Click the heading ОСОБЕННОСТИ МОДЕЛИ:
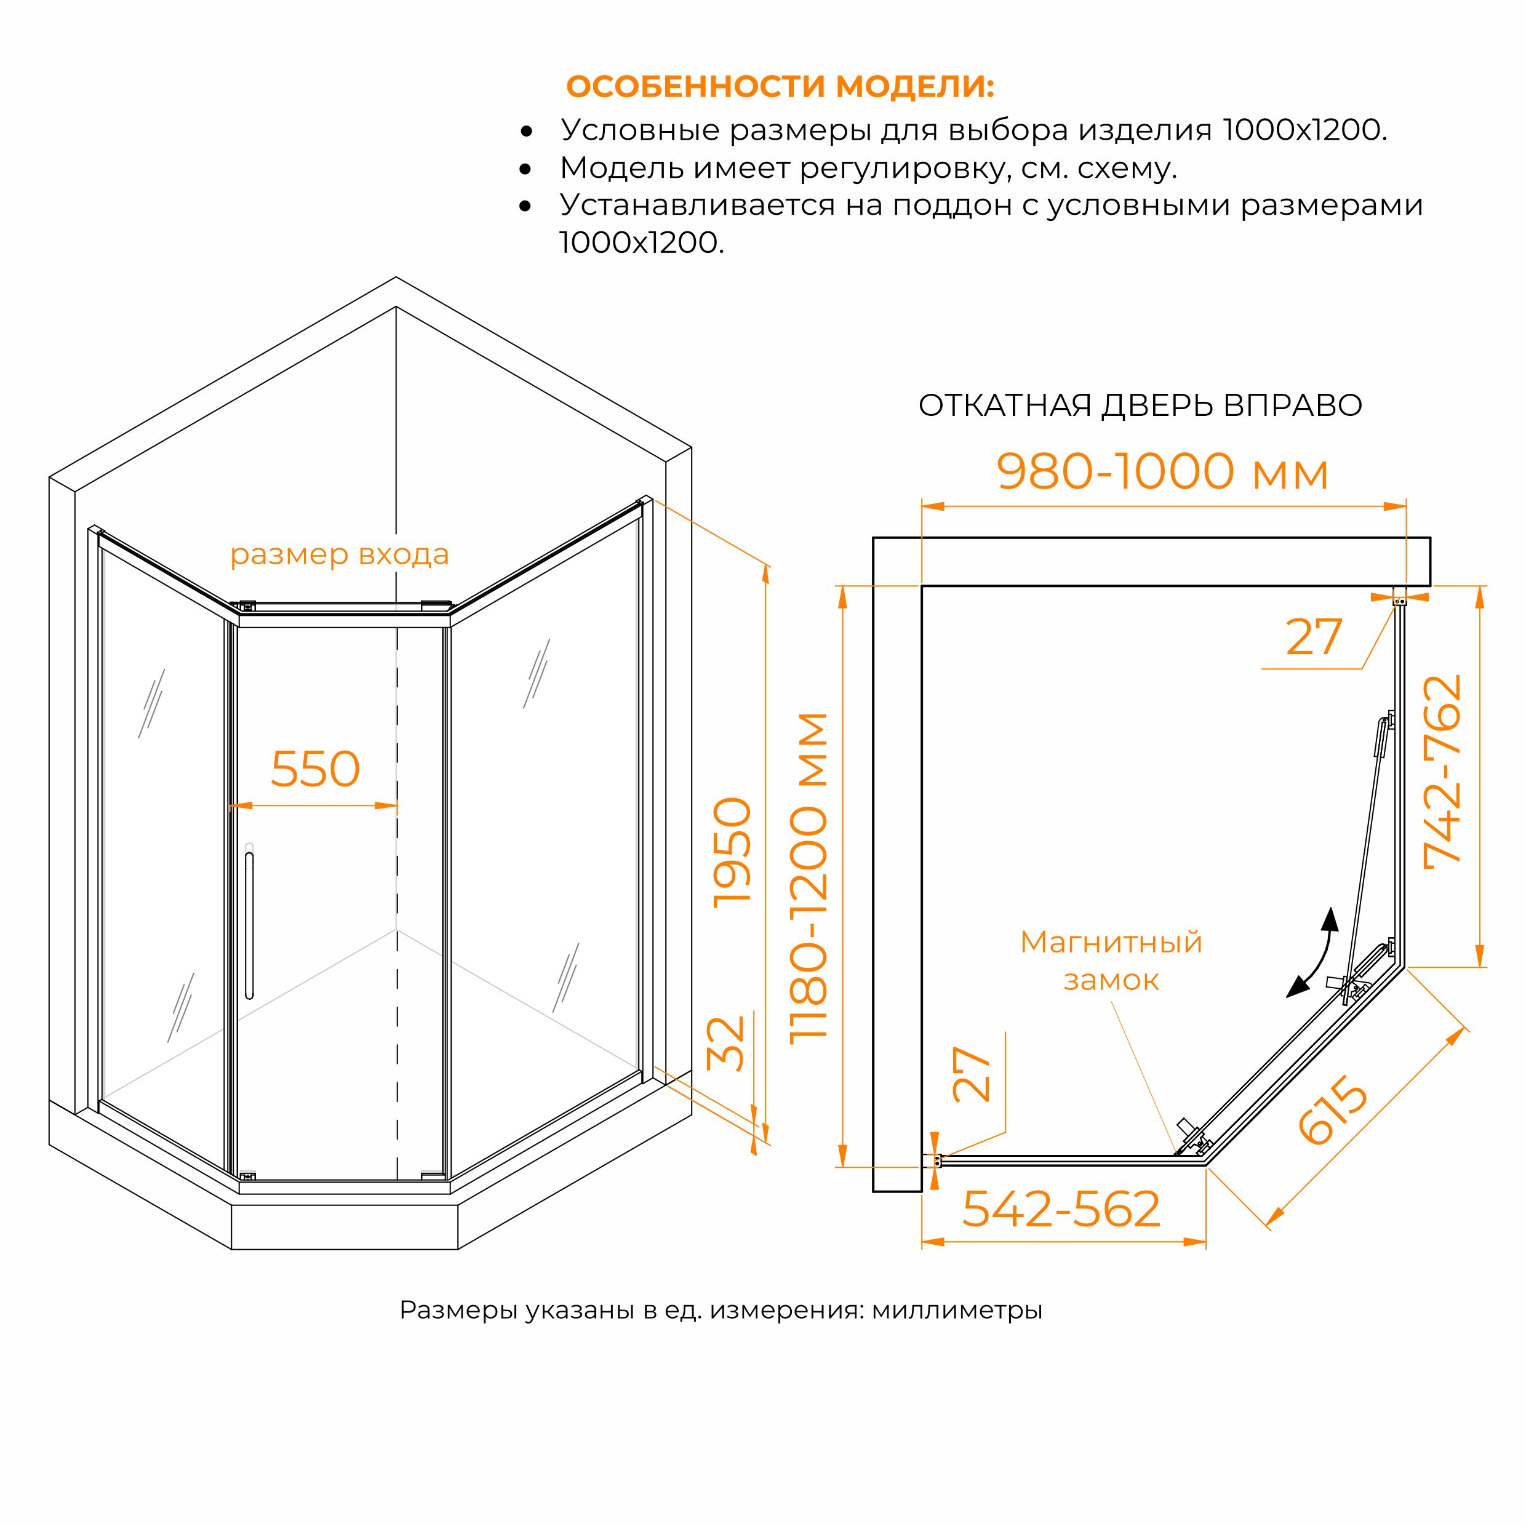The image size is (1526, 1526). coord(780,87)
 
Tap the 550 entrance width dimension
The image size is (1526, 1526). coord(316,769)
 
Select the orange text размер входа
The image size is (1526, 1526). coord(340,555)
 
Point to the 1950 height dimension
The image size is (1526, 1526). coord(732,852)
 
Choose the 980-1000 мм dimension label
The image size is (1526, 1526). coord(1162,471)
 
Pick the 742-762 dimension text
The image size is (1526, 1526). coord(1442,772)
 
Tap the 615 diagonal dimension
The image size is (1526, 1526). coord(1333,1113)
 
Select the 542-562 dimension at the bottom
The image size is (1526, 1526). coord(1061,1208)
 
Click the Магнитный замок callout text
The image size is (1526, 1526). coord(1111,961)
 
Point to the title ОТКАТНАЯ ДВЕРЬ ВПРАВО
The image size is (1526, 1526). coord(1140,406)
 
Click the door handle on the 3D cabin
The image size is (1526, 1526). coord(250,925)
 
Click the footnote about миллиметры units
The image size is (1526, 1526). coord(721,1311)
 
